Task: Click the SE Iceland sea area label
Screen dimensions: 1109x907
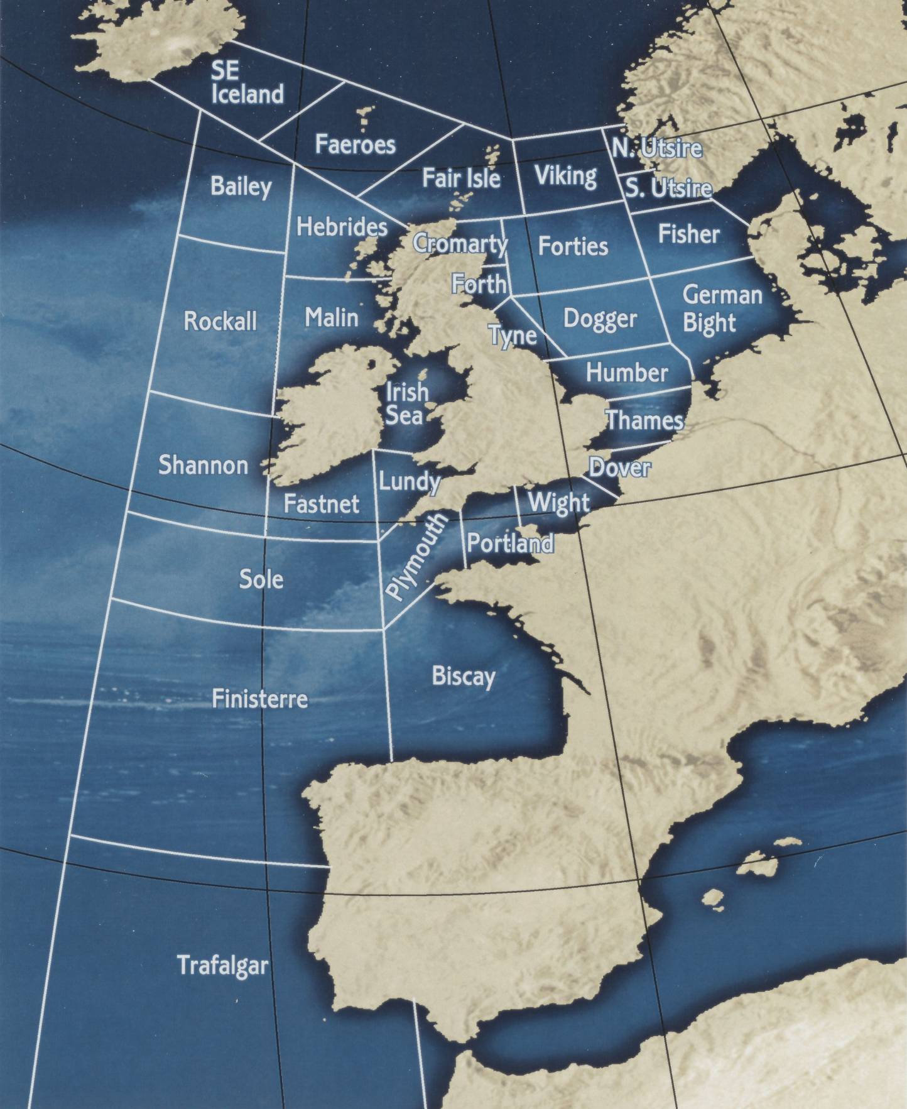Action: [x=247, y=82]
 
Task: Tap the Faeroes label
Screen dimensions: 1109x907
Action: [x=355, y=145]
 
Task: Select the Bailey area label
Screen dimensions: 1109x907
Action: [x=241, y=186]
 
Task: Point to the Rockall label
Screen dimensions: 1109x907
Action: [x=220, y=321]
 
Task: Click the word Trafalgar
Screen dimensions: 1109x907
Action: [x=222, y=965]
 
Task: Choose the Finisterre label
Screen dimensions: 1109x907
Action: [x=259, y=699]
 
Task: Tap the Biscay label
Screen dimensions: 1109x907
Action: [x=464, y=677]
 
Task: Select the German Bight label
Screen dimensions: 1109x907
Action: [x=721, y=309]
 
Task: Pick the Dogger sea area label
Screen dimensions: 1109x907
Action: [x=600, y=318]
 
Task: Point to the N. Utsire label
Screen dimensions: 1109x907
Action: [x=656, y=148]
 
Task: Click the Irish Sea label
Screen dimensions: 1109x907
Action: [x=406, y=403]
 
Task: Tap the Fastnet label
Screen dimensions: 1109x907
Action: [x=321, y=503]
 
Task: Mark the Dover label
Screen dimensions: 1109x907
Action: [x=619, y=467]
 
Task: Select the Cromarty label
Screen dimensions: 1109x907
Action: [x=460, y=243]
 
